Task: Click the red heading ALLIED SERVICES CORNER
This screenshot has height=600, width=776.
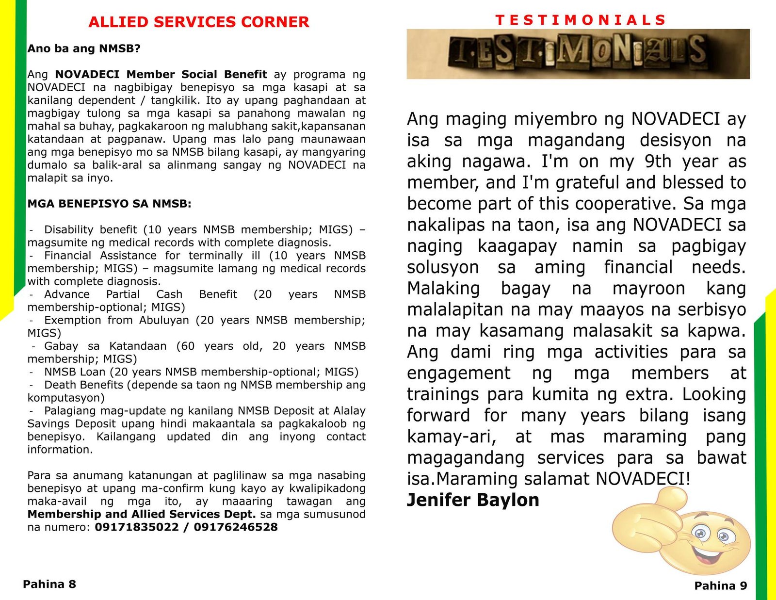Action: point(198,22)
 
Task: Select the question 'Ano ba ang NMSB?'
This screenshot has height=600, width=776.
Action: point(83,49)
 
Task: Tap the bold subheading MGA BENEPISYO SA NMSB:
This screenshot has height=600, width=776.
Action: point(109,204)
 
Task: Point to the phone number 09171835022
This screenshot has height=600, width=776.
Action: point(137,527)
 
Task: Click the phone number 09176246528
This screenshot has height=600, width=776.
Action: point(236,527)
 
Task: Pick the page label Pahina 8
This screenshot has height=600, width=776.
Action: point(49,584)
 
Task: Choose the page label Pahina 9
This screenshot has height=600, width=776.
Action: point(721,586)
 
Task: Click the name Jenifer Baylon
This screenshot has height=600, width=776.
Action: point(473,500)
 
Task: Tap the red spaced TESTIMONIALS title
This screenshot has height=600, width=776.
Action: point(581,20)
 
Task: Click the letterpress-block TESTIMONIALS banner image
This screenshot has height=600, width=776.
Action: point(578,53)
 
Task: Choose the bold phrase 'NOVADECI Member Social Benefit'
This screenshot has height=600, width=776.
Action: point(161,74)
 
